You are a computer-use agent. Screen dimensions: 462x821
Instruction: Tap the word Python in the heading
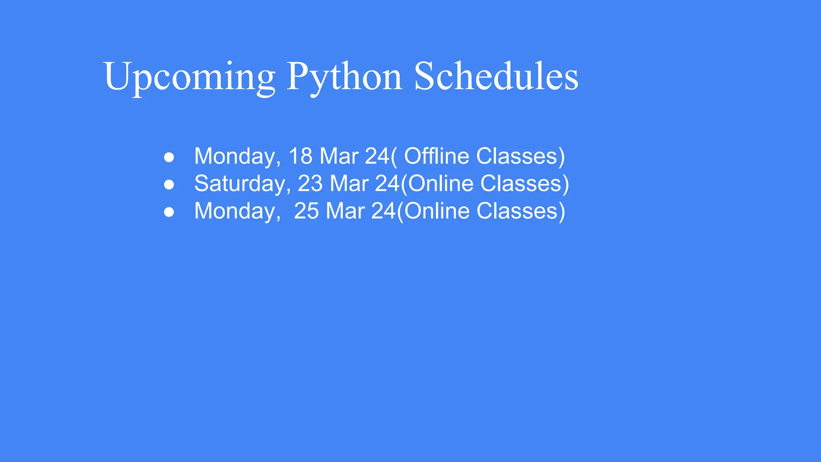344,77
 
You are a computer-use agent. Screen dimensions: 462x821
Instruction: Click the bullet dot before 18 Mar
169,157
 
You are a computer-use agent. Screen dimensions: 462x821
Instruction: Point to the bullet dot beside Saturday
169,184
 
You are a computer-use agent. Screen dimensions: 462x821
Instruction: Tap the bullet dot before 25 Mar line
169,212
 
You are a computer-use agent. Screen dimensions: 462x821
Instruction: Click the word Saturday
240,184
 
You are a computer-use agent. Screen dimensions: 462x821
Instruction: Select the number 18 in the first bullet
300,156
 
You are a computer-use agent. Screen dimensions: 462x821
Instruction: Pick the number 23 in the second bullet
310,184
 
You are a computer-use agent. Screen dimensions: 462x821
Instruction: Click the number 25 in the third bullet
306,211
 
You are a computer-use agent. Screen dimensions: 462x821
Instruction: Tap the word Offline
436,156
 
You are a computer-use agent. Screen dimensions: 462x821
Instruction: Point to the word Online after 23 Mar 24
440,184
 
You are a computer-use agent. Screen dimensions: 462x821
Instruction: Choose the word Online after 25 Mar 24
437,211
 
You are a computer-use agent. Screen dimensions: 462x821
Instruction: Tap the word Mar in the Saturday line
349,184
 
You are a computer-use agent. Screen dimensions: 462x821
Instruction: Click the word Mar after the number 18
339,156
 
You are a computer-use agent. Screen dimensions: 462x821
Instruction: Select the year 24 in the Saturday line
387,184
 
